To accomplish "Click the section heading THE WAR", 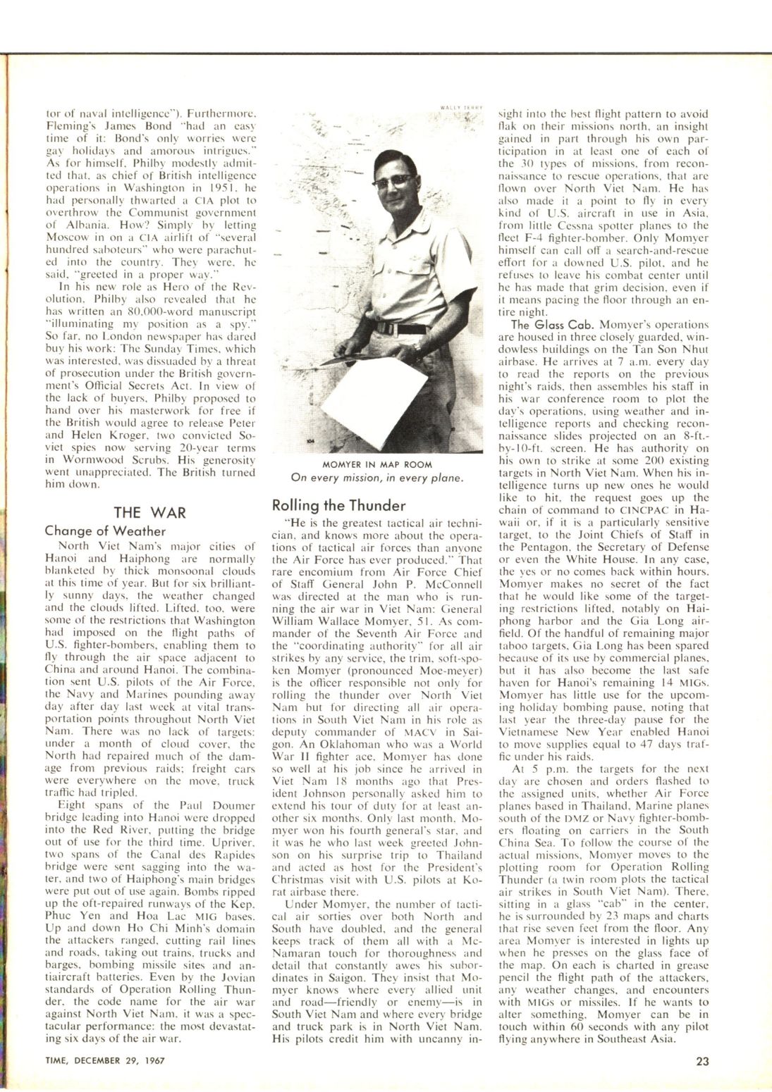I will [150, 513].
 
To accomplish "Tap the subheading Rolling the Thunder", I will [338, 506].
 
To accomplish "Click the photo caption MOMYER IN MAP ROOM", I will [377, 465].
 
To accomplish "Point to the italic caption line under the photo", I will [377, 478].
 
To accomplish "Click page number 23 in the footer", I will [702, 1060].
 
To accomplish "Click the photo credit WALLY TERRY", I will [461, 106].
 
